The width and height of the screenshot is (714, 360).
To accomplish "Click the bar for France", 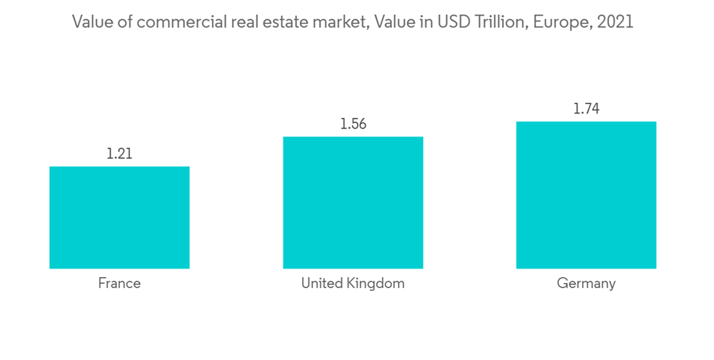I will pos(119,217).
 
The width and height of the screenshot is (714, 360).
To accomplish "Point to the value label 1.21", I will pos(119,154).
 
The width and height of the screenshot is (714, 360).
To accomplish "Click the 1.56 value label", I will pos(353,124).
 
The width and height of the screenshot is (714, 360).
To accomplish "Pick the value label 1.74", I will pos(586,109).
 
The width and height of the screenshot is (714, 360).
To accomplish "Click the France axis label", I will pos(119,284).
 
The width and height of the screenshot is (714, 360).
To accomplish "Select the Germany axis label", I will pos(586,284).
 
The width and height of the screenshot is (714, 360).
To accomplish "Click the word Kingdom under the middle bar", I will pos(377,284).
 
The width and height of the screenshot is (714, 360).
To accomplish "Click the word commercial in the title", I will pos(178,22).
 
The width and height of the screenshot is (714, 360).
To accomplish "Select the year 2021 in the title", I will pos(615,22).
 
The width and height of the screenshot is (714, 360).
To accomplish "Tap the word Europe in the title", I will pos(566,22).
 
